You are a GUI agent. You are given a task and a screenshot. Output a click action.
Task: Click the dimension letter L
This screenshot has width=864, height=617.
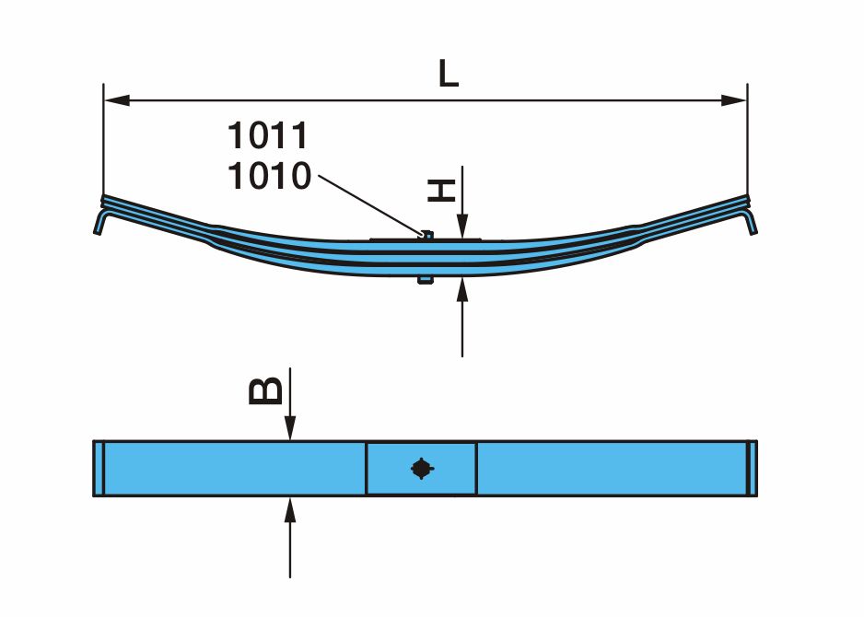coord(449,74)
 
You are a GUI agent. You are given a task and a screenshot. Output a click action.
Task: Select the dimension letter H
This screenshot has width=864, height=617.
coord(442,191)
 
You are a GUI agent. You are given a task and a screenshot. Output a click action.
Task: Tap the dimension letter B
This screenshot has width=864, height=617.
coord(265,391)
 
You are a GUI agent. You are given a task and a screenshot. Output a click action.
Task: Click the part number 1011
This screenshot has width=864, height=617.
coord(268,135)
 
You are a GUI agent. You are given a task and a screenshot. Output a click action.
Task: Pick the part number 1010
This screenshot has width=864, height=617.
coord(270,176)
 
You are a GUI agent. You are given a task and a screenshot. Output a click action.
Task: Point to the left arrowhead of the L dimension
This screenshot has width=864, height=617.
coord(117,100)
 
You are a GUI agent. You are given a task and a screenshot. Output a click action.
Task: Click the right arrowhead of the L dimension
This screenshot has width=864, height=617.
coord(734,100)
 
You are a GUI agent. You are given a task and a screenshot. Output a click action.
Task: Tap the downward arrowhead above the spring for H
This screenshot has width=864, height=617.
coord(462,227)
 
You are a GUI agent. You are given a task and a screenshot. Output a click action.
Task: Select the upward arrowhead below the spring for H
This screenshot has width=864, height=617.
coord(462,290)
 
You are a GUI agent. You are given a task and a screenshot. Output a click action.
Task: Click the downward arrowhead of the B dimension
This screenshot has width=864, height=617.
coord(290,428)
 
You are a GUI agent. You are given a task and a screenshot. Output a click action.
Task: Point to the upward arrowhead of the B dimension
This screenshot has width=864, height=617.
coord(290,509)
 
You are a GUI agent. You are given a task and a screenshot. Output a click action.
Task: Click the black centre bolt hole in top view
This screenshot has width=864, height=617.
coord(422,469)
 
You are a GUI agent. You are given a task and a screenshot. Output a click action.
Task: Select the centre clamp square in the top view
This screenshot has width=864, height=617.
coord(422,468)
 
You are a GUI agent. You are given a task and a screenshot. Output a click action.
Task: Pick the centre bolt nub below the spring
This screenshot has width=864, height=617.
coord(426,280)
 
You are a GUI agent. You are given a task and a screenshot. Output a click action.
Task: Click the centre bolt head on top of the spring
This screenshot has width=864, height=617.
coord(426,235)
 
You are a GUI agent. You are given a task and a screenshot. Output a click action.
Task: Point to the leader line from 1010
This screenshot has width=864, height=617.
coord(371,205)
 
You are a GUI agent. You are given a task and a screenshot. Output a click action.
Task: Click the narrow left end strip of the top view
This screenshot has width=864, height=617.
coord(99,468)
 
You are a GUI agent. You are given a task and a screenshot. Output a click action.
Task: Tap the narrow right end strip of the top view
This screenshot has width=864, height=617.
coord(753,468)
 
